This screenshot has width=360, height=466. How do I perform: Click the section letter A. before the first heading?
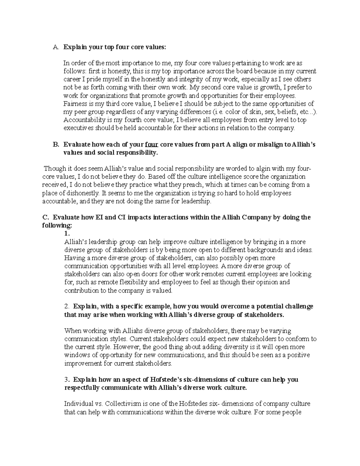55,47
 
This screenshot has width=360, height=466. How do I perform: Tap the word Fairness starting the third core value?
74,104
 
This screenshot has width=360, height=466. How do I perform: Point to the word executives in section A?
79,128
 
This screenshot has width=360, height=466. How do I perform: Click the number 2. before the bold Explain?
67,306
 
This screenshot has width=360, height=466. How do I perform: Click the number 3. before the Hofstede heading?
67,380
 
